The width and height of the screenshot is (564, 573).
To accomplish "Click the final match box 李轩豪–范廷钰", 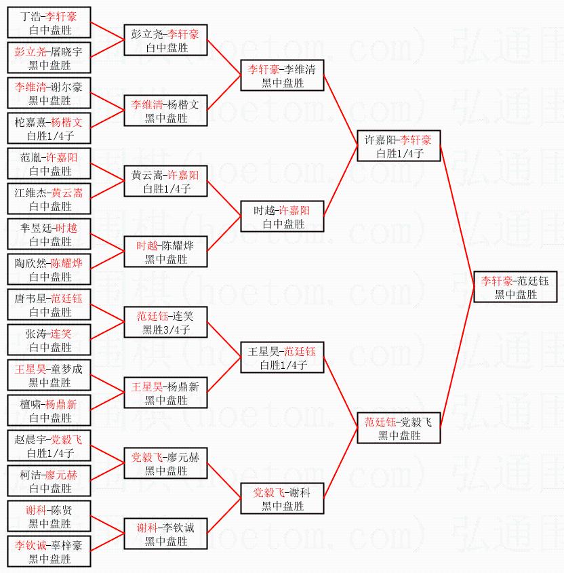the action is coord(515,287).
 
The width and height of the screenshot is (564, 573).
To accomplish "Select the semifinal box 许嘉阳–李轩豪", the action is coord(399,146).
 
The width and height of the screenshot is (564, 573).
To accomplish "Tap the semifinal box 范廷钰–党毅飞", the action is coord(399,428).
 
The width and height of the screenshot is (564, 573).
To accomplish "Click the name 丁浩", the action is coord(31,16).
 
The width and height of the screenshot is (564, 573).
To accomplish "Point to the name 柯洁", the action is coord(31,475).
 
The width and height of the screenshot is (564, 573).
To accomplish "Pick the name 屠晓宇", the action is coord(67,52).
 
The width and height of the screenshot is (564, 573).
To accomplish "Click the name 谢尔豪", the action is coord(67,87).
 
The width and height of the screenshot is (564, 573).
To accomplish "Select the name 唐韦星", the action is coord(31,298).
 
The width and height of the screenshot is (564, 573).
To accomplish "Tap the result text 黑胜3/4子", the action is coord(166,330).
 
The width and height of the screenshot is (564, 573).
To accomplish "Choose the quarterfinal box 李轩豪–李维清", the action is coord(283,75).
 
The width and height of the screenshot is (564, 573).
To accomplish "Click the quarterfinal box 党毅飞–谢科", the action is coord(283,498).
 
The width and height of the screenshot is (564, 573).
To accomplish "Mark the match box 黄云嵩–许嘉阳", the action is coord(166,181).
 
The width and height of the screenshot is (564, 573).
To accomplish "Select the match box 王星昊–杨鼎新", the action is coord(166,393).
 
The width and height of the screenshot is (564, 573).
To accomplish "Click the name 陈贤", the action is coord(62,510).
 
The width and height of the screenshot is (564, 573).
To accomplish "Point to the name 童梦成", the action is coord(67,369).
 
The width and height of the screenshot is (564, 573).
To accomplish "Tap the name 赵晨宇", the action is coord(31,439).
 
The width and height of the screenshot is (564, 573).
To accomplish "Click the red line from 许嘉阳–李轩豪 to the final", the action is coord(458,216).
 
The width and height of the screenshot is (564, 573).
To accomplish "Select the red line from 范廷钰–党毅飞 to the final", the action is coord(458,357).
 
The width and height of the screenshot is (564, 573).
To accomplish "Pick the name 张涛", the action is coord(36,334).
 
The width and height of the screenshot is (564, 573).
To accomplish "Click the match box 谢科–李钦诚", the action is coord(166,534).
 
